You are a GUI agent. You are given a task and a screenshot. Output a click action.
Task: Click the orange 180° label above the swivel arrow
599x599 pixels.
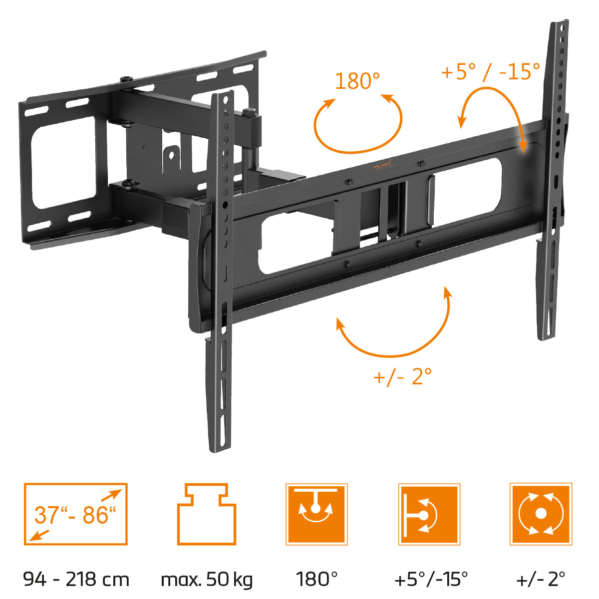357,81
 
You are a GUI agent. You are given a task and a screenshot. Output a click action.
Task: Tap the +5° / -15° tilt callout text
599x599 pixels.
490,71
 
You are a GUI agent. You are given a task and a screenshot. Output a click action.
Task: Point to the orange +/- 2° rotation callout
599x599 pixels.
403,376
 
